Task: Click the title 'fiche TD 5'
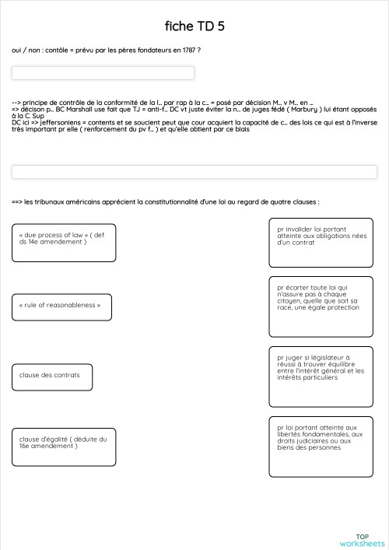(x=194, y=26)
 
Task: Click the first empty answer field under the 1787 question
(x=103, y=73)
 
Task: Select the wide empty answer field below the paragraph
(x=194, y=171)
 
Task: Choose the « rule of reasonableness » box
(x=61, y=306)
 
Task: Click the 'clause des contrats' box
(x=52, y=376)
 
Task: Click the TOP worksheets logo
(x=362, y=539)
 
